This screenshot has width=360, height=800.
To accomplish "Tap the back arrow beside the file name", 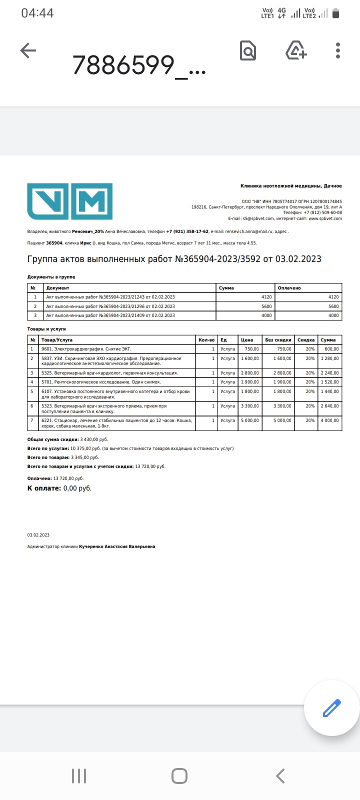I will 28,50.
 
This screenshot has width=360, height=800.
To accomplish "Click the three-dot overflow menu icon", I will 338,50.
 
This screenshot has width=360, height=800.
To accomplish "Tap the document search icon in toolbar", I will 248,50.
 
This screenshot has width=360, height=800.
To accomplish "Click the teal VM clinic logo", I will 69,201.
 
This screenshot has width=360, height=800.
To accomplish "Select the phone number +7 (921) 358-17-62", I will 187,231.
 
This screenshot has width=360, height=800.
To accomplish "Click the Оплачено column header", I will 290,288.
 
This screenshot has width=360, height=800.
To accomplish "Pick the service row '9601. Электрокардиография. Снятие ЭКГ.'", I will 86,349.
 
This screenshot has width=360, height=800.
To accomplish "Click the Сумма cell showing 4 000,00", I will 329,420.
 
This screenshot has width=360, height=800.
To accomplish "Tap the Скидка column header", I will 306,340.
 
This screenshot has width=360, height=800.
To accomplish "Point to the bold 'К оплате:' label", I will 44,488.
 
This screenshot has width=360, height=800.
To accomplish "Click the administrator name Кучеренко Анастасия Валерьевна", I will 117,546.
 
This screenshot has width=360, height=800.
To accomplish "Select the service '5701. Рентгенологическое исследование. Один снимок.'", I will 101,382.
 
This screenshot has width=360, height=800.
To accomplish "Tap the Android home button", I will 179,776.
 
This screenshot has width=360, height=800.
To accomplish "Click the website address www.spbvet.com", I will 325,218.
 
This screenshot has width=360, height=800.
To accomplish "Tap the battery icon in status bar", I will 335,13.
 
